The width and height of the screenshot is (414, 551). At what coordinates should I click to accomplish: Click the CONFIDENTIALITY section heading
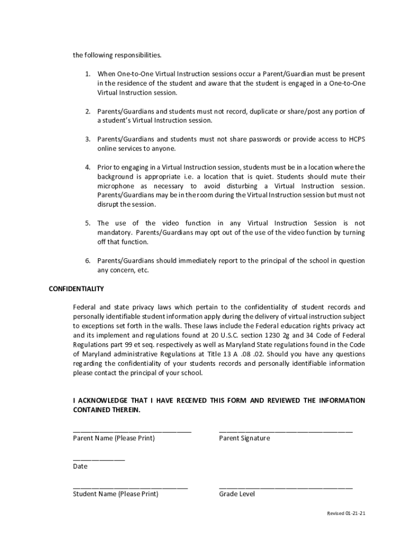tap(76, 289)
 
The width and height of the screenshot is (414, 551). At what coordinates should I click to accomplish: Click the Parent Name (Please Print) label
tap(113, 439)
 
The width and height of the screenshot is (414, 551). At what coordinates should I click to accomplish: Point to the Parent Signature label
tap(244, 439)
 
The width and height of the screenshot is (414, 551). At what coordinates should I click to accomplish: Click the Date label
tap(80, 467)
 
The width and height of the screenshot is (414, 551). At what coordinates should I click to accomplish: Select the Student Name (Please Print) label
tap(116, 494)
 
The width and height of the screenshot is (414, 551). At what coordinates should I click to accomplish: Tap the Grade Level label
tap(237, 494)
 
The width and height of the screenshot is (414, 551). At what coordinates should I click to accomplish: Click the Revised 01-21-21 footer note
tap(346, 513)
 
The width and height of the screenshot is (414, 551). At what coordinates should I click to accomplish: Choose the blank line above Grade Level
tap(285, 487)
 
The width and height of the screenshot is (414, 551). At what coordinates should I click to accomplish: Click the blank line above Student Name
tap(130, 487)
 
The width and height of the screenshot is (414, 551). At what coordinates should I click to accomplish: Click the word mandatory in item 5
tap(114, 232)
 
